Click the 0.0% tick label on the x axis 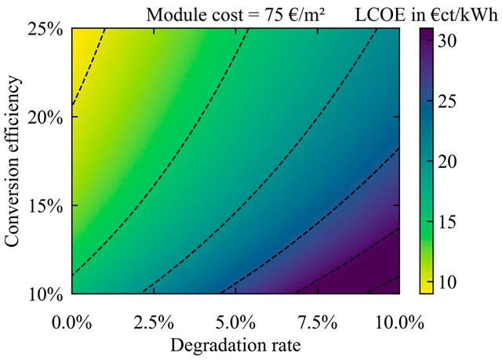point(72,322)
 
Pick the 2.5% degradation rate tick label point(154,322)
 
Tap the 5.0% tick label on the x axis point(236,322)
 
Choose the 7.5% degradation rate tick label point(318,322)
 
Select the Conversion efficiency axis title point(13,161)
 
